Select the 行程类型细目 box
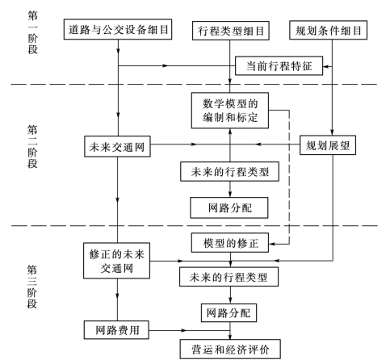pyautogui.click(x=232, y=32)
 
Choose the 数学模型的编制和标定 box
pyautogui.click(x=232, y=110)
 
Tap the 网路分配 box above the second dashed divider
pyautogui.click(x=232, y=206)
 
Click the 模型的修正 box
pyautogui.click(x=232, y=242)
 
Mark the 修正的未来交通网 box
pyautogui.click(x=119, y=260)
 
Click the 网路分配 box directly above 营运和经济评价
pyautogui.click(x=232, y=311)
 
